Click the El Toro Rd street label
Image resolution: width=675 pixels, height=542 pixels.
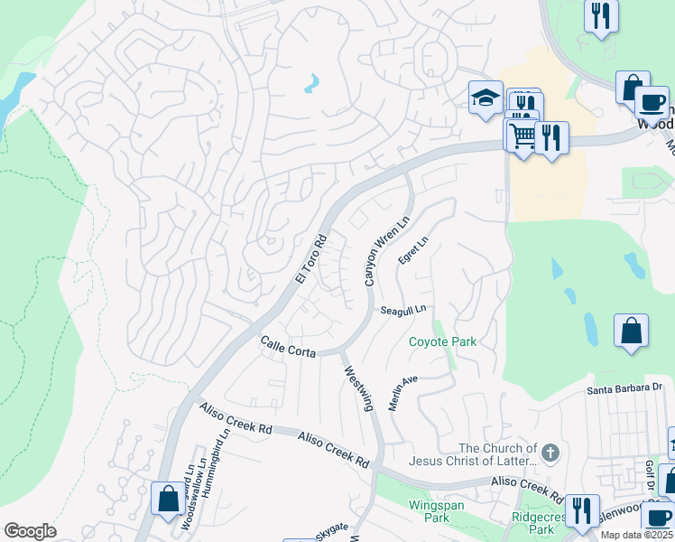click(x=311, y=260)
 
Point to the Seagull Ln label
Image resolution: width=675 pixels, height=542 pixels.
click(x=402, y=310)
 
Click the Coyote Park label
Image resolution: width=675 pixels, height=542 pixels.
click(x=442, y=341)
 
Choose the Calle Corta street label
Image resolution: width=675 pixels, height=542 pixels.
click(x=289, y=347)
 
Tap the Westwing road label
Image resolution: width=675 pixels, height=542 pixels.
click(x=357, y=388)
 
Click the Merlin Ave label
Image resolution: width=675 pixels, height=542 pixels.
click(x=402, y=393)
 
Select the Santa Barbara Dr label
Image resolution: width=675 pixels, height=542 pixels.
click(x=624, y=388)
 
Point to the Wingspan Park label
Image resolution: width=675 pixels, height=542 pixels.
click(x=436, y=511)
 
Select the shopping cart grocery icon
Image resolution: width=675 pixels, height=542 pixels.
click(x=522, y=136)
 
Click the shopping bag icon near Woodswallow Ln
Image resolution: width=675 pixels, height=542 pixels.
click(x=168, y=498)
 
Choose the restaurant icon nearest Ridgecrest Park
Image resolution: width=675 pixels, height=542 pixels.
click(x=583, y=510)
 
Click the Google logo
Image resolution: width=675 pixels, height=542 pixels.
click(x=30, y=531)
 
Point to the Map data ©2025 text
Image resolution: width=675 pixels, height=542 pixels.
click(x=636, y=535)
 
